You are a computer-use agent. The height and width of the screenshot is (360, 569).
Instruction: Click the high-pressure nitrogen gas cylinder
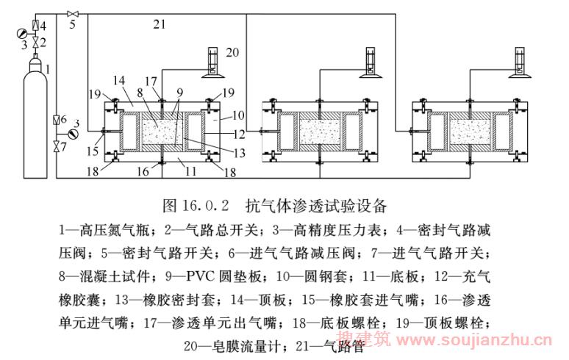tap(34, 121)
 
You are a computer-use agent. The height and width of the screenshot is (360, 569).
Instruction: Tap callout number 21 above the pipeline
tap(160, 25)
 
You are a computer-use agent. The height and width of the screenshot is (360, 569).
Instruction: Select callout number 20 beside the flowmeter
tap(233, 51)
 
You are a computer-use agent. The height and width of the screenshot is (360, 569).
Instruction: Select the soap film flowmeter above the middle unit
tap(369, 62)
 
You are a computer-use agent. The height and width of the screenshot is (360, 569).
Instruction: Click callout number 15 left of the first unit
tap(92, 151)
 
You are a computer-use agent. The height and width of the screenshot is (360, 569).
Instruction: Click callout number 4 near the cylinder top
tap(43, 26)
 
